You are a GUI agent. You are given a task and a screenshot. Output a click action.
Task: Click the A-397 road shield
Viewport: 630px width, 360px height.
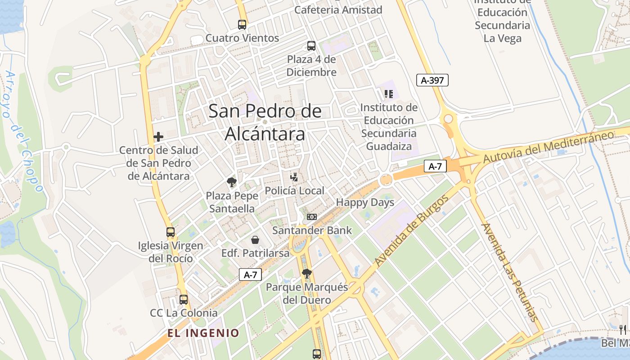pyautogui.click(x=432, y=81)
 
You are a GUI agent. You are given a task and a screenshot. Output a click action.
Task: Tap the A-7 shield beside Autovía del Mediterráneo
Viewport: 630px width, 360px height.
pyautogui.click(x=435, y=166)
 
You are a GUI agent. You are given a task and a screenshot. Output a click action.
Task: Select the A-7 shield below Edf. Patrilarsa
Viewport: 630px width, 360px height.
pyautogui.click(x=250, y=274)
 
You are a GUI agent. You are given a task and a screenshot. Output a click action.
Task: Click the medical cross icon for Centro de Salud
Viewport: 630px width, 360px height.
pyautogui.click(x=158, y=137)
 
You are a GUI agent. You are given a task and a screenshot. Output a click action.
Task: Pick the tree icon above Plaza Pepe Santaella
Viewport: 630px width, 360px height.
pyautogui.click(x=232, y=182)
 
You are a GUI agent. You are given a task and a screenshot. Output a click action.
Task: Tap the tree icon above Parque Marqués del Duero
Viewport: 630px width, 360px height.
pyautogui.click(x=307, y=273)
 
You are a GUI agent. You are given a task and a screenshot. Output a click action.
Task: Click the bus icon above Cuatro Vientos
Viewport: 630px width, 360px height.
pyautogui.click(x=242, y=25)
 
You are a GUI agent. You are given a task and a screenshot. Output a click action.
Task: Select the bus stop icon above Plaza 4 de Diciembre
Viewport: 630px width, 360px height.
pyautogui.click(x=311, y=45)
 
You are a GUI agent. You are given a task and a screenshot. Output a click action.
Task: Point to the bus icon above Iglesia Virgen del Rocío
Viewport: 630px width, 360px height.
pyautogui.click(x=171, y=232)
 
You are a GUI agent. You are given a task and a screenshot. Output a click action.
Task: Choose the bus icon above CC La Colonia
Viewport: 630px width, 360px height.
pyautogui.click(x=184, y=299)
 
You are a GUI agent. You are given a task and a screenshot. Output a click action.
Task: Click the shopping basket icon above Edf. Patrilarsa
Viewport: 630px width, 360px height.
pyautogui.click(x=255, y=240)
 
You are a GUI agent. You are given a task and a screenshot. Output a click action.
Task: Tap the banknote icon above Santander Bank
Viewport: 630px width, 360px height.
pyautogui.click(x=311, y=217)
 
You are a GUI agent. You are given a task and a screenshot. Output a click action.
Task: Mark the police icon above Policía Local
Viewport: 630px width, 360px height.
pyautogui.click(x=294, y=177)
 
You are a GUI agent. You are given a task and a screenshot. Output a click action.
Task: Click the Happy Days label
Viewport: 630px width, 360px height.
pyautogui.click(x=365, y=202)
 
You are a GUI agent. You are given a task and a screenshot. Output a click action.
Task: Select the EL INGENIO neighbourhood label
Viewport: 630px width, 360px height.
pyautogui.click(x=203, y=333)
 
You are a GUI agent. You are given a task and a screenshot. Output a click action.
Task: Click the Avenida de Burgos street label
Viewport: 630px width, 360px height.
pyautogui.click(x=412, y=230)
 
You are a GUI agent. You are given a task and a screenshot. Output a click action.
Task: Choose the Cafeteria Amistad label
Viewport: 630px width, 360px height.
pyautogui.click(x=338, y=9)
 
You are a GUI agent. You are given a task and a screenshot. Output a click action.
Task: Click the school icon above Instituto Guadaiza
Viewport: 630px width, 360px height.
pyautogui.click(x=389, y=94)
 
